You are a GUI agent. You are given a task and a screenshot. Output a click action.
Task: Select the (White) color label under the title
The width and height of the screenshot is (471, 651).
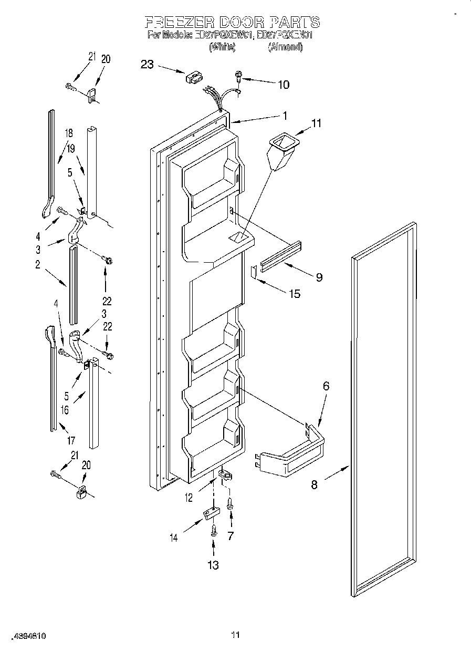222,47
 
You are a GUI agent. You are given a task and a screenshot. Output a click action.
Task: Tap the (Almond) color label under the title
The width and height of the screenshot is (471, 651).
285,47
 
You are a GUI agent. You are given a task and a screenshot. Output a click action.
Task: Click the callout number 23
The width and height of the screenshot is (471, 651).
148,65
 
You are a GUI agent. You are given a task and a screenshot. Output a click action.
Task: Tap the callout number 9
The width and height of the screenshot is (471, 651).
319,277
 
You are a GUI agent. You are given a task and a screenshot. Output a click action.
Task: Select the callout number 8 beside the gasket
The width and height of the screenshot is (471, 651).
314,484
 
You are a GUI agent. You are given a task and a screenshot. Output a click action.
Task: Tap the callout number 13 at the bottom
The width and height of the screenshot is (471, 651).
213,565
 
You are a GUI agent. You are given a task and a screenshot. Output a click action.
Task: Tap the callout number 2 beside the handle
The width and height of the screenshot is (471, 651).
38,265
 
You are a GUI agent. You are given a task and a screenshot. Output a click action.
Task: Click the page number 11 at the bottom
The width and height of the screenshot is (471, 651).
236,635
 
